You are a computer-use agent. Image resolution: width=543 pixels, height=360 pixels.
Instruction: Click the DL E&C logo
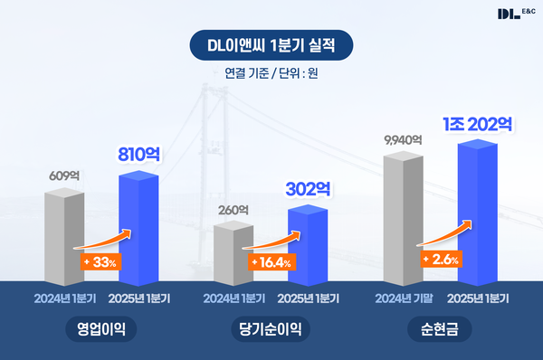pos(516,14)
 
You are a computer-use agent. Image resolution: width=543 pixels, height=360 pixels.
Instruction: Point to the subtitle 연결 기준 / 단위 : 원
pos(271,73)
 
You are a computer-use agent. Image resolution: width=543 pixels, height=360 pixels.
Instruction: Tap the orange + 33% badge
pos(100,263)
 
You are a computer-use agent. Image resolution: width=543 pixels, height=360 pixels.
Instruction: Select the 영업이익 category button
pos(100,329)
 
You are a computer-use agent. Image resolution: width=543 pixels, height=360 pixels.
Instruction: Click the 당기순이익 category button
pos(271,329)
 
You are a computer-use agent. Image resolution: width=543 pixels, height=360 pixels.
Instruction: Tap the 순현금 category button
pos(441,329)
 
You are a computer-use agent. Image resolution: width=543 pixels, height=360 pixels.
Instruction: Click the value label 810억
pos(139,155)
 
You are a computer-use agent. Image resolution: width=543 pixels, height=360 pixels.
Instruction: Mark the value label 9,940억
pos(404,139)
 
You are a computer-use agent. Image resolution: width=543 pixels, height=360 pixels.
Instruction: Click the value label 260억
pos(233,210)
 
